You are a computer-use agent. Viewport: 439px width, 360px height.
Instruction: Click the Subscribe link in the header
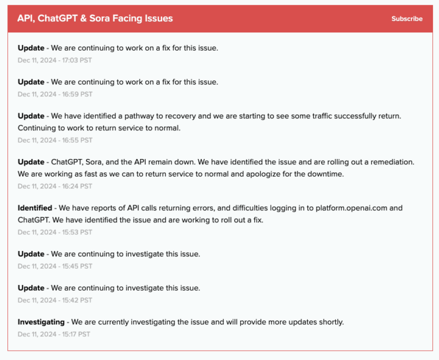point(407,19)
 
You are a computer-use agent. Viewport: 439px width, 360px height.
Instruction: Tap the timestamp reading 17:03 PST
point(55,60)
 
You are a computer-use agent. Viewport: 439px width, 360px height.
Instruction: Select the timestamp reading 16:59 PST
point(55,94)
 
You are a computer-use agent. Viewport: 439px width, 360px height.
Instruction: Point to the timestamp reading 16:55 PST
point(55,140)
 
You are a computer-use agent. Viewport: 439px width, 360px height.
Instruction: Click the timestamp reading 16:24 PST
point(55,186)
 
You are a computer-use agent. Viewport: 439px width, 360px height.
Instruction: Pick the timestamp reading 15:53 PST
point(55,232)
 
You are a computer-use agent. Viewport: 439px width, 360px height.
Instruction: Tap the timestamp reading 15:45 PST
point(55,266)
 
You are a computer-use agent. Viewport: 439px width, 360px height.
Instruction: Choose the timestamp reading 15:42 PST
point(55,300)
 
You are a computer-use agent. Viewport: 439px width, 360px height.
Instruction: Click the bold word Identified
point(35,208)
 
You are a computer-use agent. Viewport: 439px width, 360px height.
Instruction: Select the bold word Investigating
point(41,322)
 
